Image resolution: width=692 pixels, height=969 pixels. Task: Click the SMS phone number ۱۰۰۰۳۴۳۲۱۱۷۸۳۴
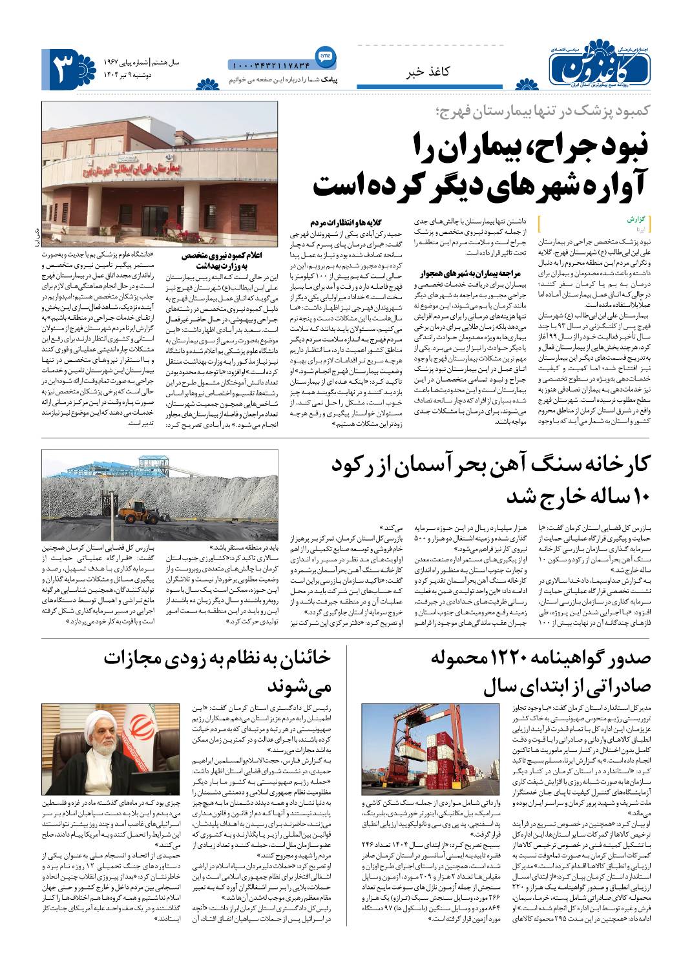point(270,65)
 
